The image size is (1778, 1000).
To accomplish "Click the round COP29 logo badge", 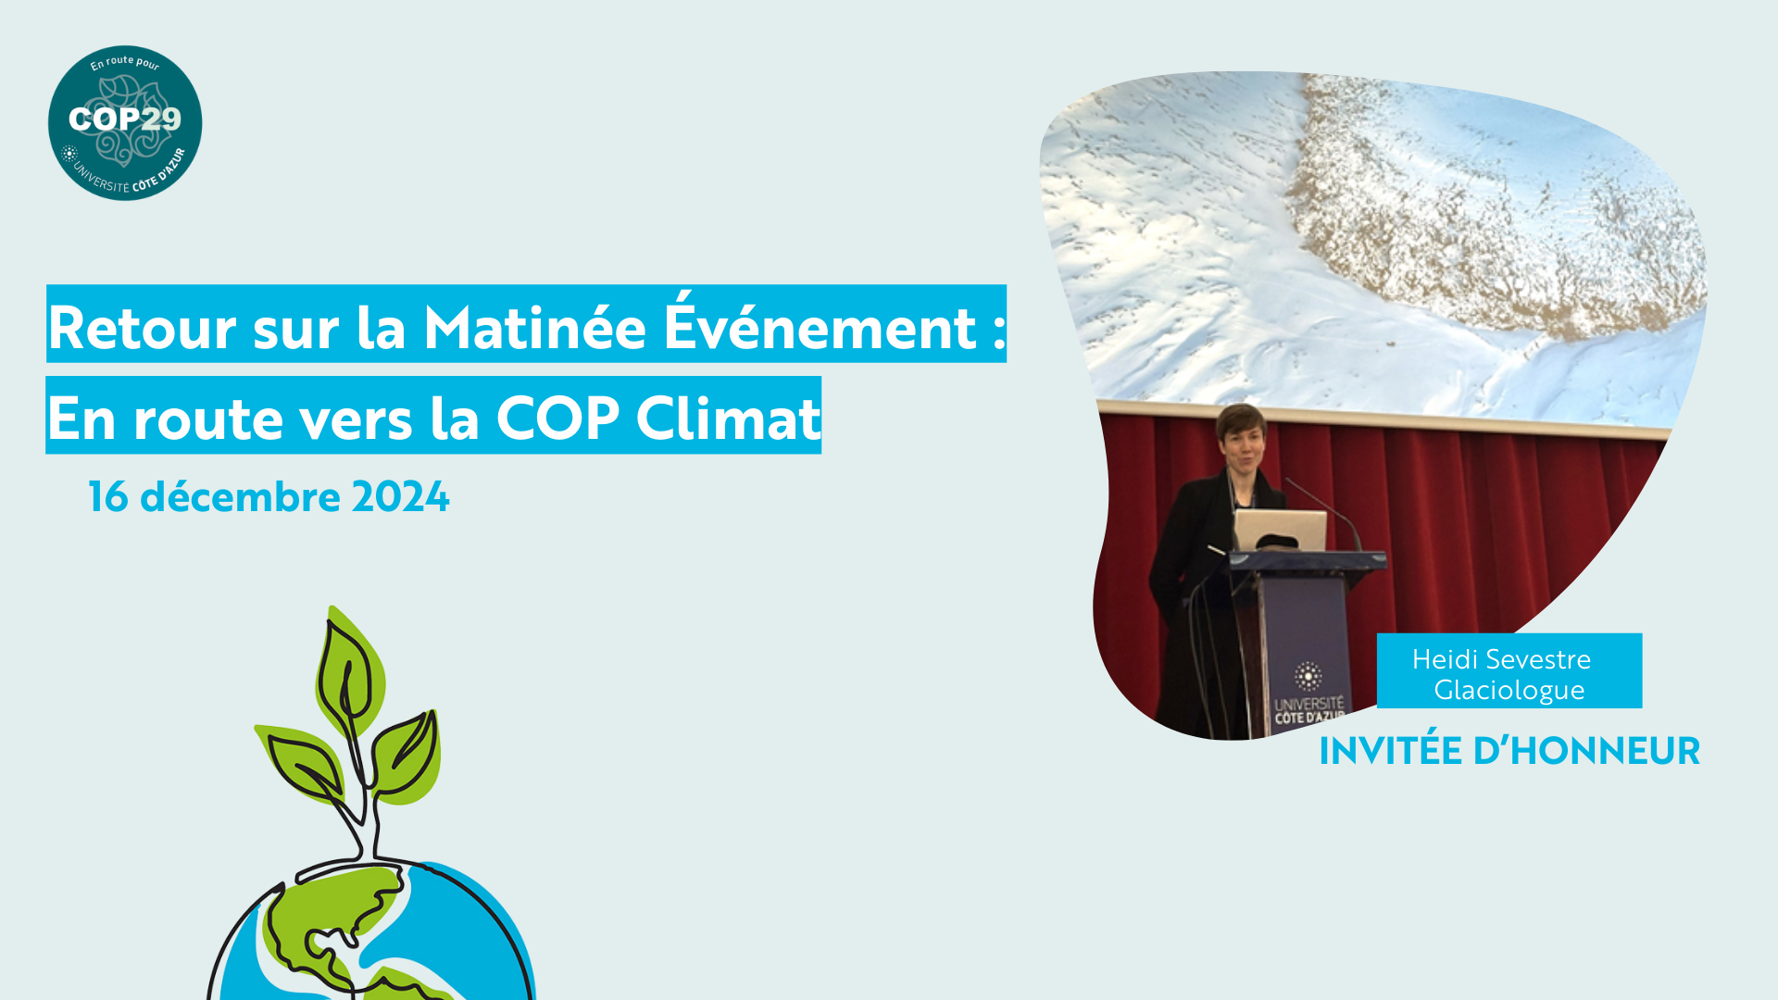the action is (x=125, y=122).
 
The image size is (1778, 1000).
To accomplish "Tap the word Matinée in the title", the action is (x=534, y=327).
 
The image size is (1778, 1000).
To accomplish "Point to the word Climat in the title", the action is (x=728, y=418).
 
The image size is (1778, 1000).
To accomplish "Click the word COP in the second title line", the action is (x=557, y=418).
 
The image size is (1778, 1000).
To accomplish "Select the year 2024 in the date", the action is (x=400, y=497).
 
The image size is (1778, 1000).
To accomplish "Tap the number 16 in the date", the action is (x=108, y=497).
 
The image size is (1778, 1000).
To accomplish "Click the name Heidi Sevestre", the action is (x=1501, y=659).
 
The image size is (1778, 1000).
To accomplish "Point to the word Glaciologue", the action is (x=1509, y=690).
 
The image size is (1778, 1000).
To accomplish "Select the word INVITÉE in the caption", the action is (x=1389, y=750).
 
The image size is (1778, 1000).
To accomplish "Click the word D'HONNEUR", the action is (x=1586, y=751).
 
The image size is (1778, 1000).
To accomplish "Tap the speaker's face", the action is (x=1242, y=446).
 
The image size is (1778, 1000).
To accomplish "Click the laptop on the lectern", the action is (x=1279, y=531).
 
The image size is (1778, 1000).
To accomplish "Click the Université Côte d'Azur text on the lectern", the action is (x=1308, y=710).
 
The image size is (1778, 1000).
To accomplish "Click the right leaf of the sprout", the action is (x=406, y=755).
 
